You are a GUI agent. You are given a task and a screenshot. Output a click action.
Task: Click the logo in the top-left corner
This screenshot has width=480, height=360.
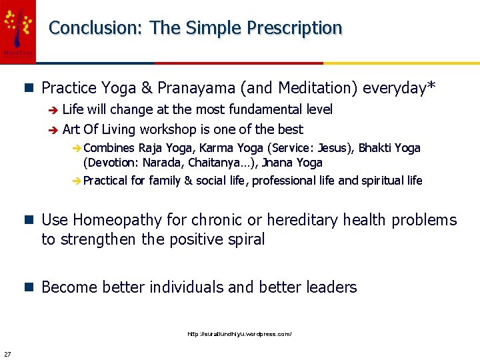click(17, 30)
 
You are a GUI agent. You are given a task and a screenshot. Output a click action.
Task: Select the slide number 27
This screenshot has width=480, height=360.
click(7, 353)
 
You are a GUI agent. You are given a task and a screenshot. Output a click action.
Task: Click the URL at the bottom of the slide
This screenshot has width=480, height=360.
click(239, 333)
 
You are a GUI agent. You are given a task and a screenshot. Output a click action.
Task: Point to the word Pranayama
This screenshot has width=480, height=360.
click(197, 88)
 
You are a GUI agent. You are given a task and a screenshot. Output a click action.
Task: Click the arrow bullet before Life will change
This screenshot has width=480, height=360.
click(54, 110)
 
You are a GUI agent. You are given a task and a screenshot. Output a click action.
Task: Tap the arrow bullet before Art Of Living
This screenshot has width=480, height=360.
click(54, 130)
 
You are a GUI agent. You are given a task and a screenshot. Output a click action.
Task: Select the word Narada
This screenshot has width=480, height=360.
click(159, 163)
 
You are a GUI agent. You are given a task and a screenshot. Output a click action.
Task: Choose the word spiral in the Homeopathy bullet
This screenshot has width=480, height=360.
click(244, 239)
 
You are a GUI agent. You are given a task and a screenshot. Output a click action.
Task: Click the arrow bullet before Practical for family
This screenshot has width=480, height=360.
click(77, 181)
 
